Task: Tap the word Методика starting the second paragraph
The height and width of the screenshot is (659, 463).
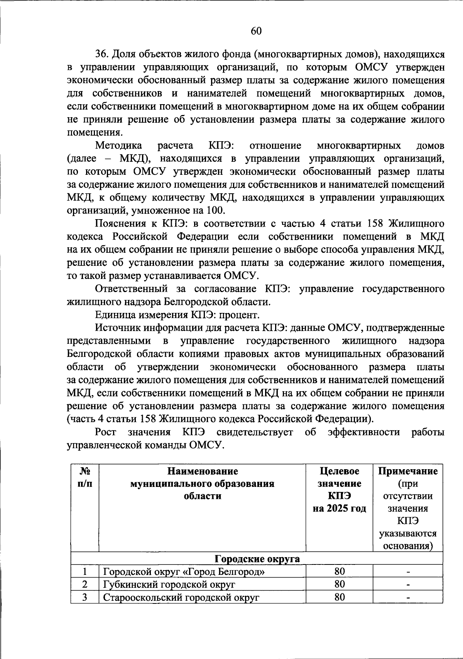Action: (x=118, y=146)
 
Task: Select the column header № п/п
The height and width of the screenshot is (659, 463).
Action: (x=84, y=477)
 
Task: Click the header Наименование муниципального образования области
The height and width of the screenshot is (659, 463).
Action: (x=202, y=483)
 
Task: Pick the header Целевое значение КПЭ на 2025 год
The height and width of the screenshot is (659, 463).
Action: (x=339, y=490)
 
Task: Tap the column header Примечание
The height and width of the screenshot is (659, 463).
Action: (x=407, y=471)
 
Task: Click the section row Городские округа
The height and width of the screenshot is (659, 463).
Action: (x=257, y=559)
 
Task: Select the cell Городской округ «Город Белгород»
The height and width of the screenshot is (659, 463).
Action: (x=184, y=572)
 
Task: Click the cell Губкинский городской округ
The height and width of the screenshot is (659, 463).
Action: (x=169, y=585)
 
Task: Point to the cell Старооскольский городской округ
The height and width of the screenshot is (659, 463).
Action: (x=181, y=598)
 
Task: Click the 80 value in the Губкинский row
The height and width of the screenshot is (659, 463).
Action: (x=339, y=585)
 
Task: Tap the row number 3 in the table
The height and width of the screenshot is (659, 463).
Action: (x=84, y=598)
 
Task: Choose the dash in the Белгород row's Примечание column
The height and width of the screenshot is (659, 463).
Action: (x=407, y=572)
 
